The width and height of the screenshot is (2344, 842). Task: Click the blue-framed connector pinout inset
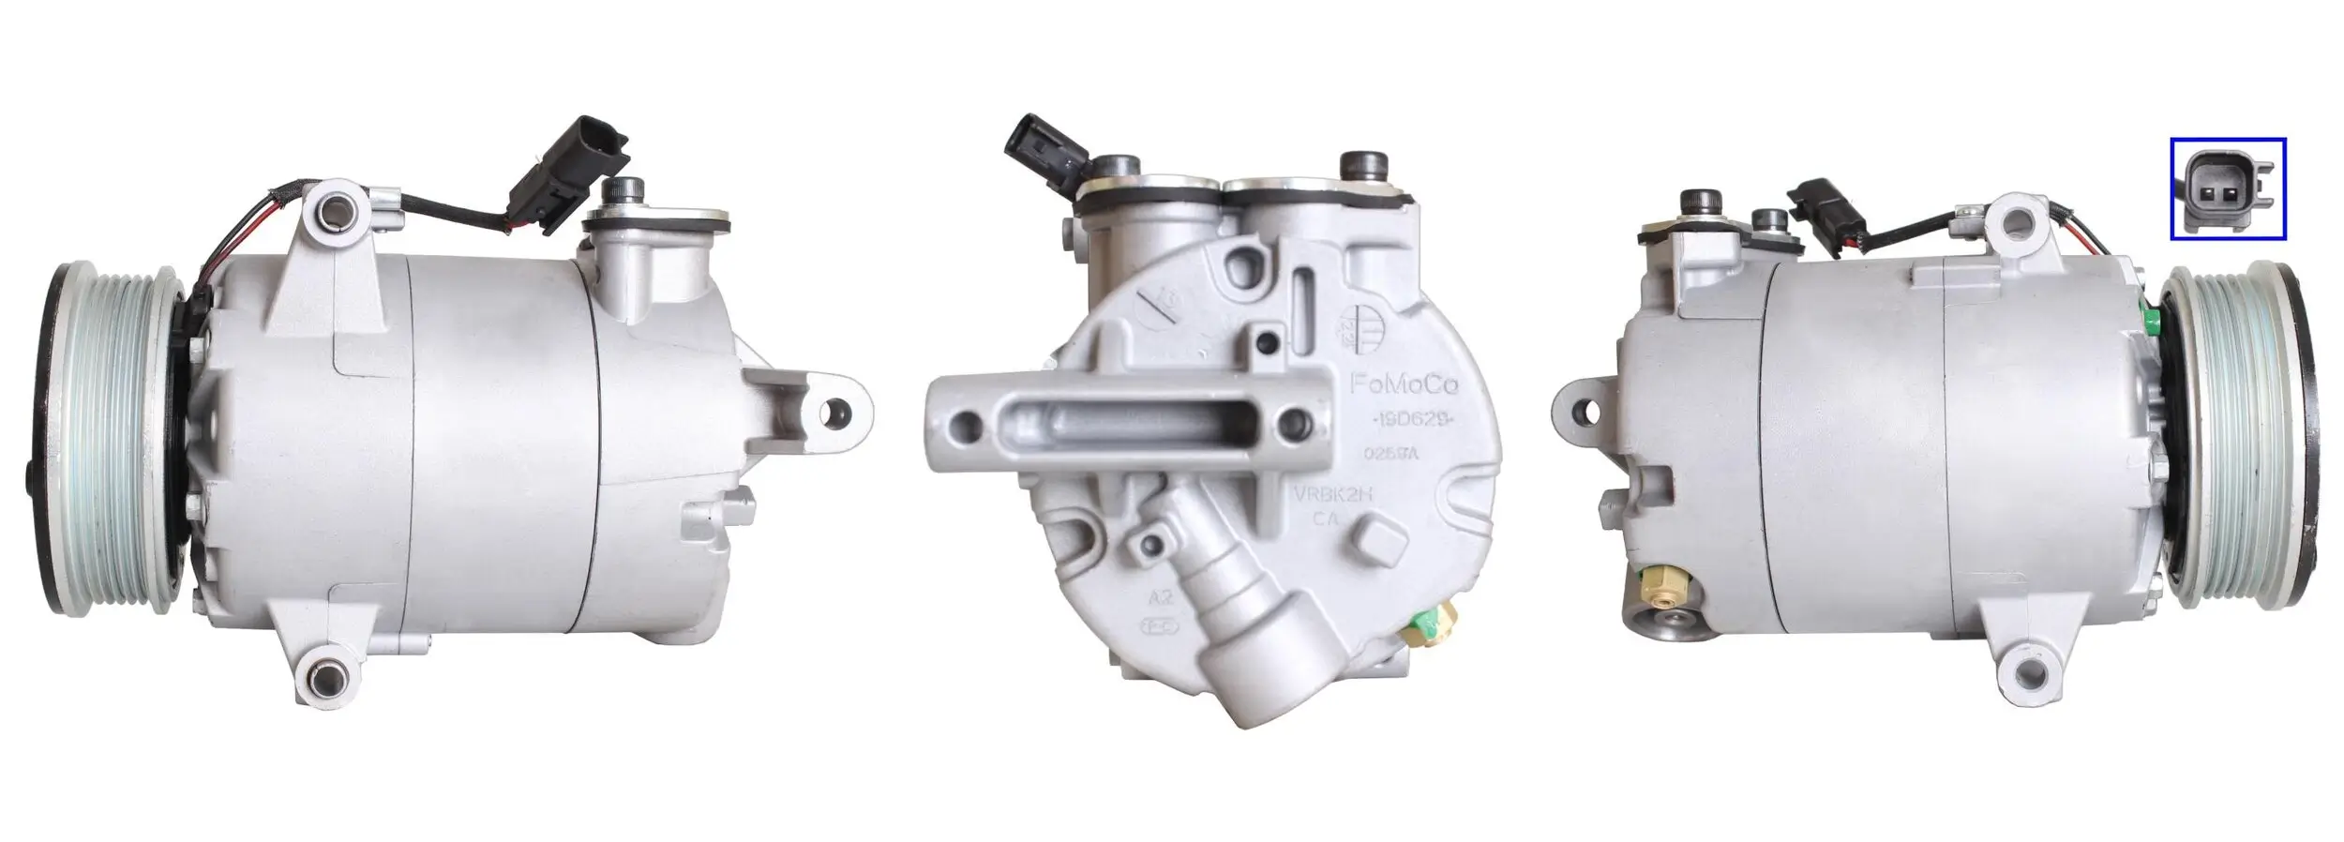click(2227, 189)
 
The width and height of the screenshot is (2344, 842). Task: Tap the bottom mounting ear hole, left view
click(323, 673)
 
